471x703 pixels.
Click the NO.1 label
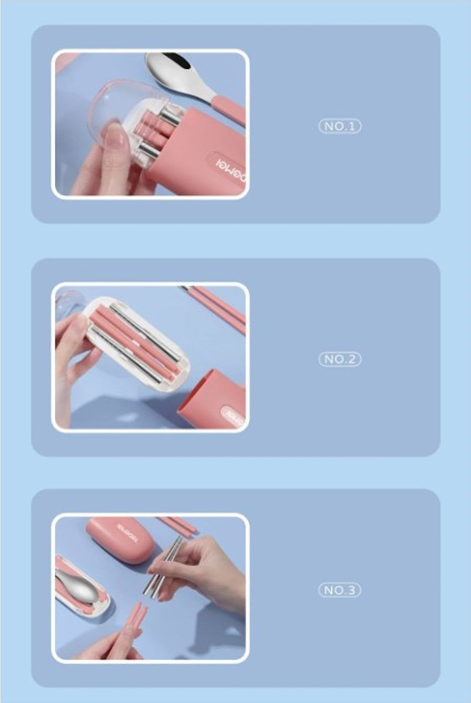point(340,126)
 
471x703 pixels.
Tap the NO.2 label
point(340,359)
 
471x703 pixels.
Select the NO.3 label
point(340,590)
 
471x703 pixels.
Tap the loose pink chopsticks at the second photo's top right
point(219,305)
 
